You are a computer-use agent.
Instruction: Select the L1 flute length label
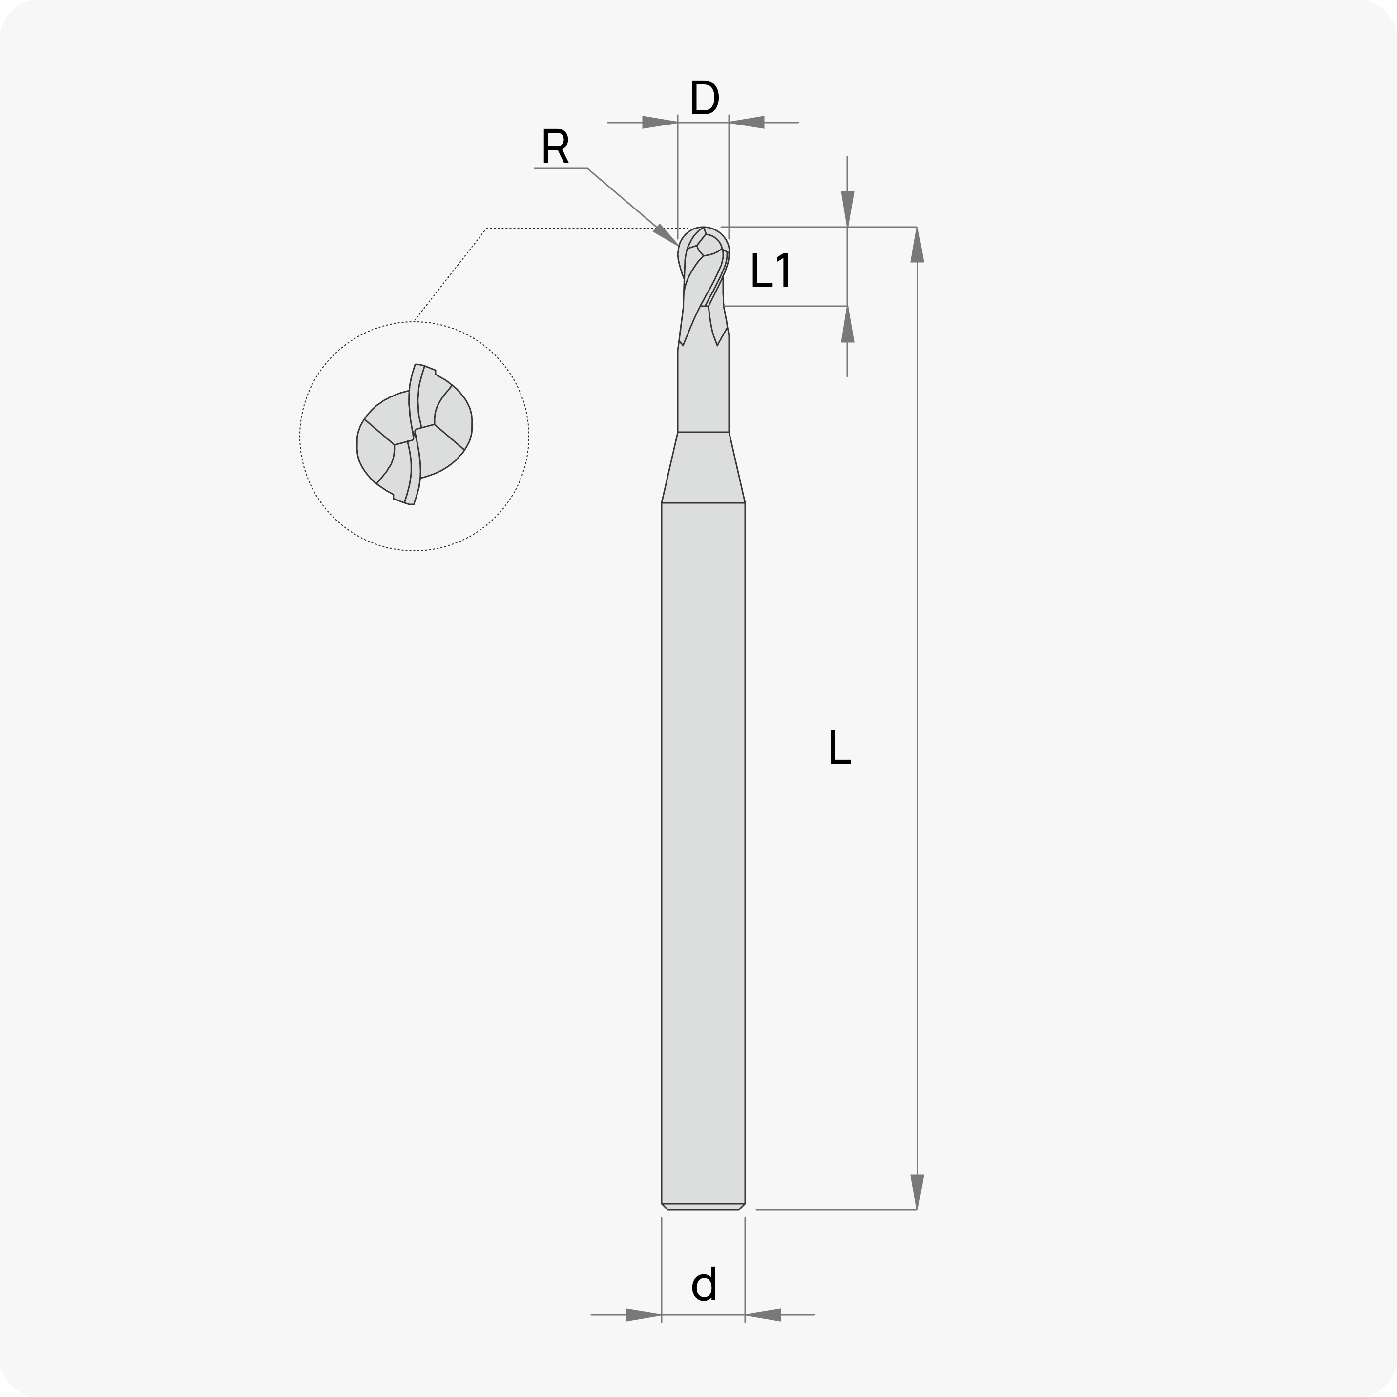tap(771, 271)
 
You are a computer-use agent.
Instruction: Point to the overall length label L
tap(839, 747)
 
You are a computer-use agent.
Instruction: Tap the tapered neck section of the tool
tap(703, 467)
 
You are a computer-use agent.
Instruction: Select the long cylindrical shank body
tap(703, 853)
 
